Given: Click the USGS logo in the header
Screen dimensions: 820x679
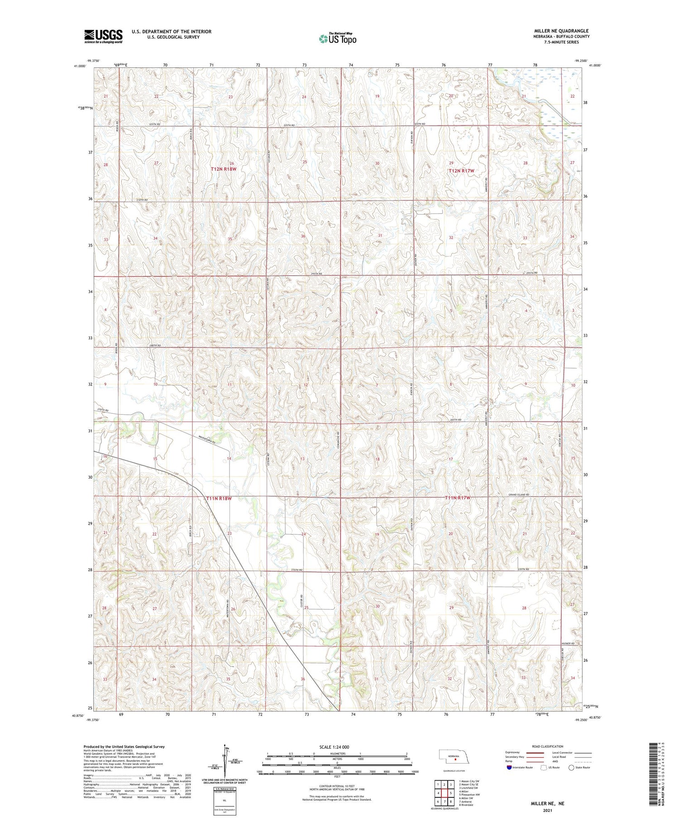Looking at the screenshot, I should click(x=103, y=36).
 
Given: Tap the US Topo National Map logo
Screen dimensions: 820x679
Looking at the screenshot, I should click(x=338, y=39).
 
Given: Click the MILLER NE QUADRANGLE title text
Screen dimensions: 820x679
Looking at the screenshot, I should click(x=561, y=31).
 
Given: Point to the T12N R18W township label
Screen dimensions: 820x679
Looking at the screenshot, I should click(x=224, y=169).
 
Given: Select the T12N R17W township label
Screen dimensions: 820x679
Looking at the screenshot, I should click(x=461, y=171).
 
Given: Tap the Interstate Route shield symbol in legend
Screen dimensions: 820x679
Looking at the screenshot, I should click(x=509, y=768).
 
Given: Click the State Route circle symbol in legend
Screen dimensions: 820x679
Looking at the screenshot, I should click(x=571, y=768).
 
